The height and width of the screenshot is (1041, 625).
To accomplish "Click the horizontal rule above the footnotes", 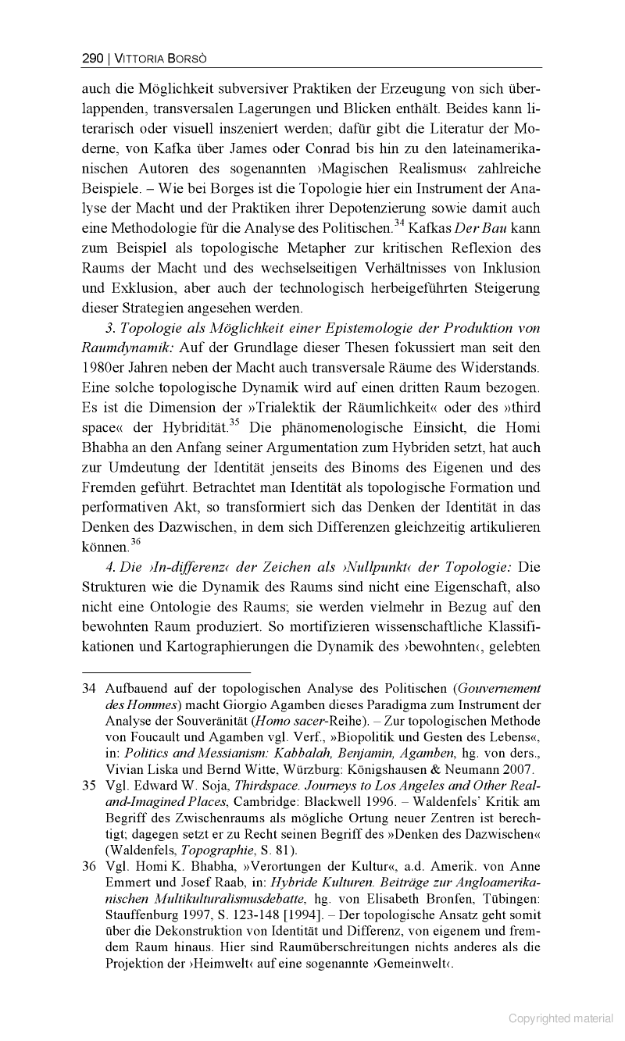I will tap(166, 672).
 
